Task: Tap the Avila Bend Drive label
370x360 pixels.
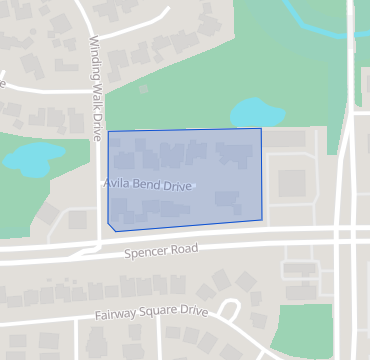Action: pos(147,185)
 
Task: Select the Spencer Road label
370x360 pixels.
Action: pos(161,249)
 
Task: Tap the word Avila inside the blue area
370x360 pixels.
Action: pos(116,184)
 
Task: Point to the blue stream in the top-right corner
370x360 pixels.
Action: pos(320,18)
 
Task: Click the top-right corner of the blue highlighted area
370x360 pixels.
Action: pos(261,128)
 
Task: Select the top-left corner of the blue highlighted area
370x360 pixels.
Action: pos(108,131)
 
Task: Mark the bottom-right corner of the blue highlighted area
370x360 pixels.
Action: pos(262,219)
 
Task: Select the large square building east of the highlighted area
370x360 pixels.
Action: pos(291,183)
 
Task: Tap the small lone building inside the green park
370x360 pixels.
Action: pos(144,90)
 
